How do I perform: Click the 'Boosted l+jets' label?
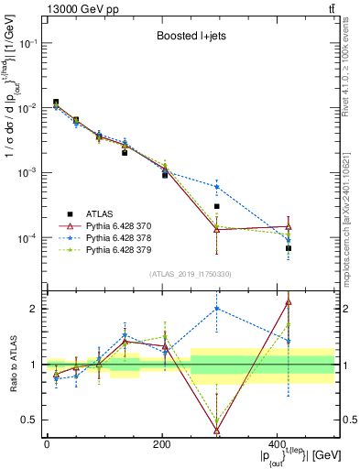click(194, 38)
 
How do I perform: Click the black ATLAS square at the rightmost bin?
click(289, 248)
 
